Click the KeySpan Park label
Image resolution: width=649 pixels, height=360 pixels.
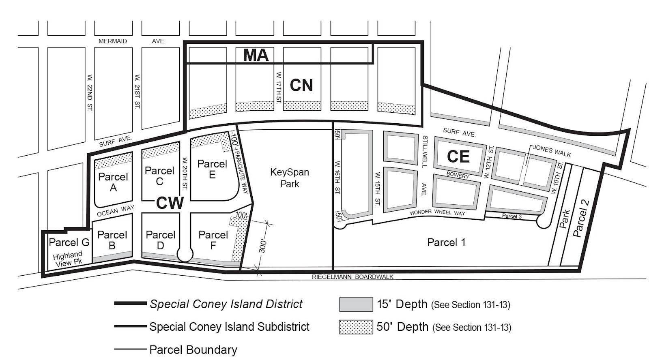pyautogui.click(x=290, y=178)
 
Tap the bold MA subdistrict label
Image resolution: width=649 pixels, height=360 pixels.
pyautogui.click(x=256, y=56)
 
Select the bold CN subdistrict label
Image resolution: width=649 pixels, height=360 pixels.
pyautogui.click(x=301, y=85)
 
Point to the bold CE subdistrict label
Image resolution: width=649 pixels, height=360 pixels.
pyautogui.click(x=458, y=156)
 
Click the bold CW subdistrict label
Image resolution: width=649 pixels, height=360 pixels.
pyautogui.click(x=170, y=203)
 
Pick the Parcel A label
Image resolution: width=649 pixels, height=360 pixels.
pyautogui.click(x=113, y=182)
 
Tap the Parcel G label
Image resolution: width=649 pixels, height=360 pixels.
pyautogui.click(x=69, y=242)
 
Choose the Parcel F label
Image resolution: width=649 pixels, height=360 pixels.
pyautogui.click(x=213, y=240)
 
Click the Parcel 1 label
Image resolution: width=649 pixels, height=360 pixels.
pyautogui.click(x=446, y=242)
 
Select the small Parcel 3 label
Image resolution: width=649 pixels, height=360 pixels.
pyautogui.click(x=512, y=216)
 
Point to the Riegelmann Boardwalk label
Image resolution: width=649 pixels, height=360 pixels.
pyautogui.click(x=352, y=277)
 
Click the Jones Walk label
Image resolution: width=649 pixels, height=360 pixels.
pyautogui.click(x=552, y=151)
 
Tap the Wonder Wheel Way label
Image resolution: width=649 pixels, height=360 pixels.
pyautogui.click(x=437, y=212)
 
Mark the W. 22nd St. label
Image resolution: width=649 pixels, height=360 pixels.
pyautogui.click(x=90, y=92)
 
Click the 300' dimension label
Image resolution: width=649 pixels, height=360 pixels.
pyautogui.click(x=263, y=246)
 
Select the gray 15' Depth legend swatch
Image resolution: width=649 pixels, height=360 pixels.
pyautogui.click(x=356, y=304)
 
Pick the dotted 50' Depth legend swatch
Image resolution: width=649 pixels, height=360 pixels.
pyautogui.click(x=356, y=327)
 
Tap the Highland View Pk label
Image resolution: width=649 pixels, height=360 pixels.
pyautogui.click(x=68, y=259)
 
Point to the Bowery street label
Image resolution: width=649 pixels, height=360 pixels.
pyautogui.click(x=458, y=176)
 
